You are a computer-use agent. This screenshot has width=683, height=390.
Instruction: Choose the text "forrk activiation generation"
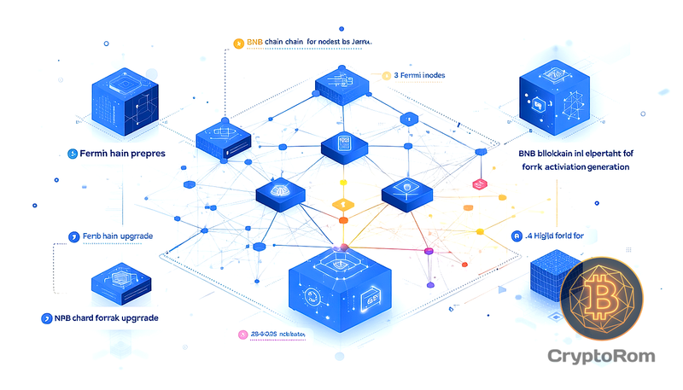574,166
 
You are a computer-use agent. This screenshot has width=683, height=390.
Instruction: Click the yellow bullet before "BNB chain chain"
238,40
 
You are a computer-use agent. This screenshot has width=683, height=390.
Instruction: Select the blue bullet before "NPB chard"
47,317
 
